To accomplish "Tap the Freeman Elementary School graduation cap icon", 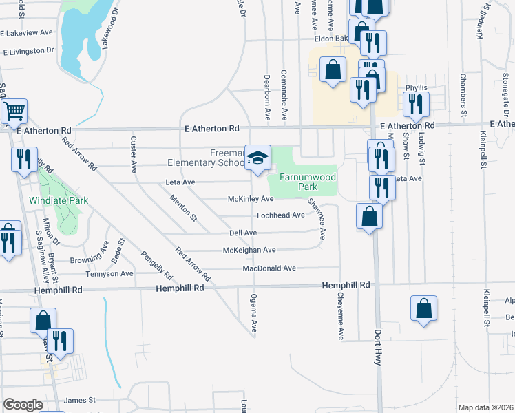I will point(258,158).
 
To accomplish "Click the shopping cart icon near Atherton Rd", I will point(14,110).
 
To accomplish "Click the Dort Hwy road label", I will point(377,359).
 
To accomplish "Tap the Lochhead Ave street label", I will point(280,215).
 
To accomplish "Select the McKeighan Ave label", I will point(250,250).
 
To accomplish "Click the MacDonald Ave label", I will point(269,268).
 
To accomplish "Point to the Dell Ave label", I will point(242,233).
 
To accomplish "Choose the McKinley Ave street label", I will point(251,199).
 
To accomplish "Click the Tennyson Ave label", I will point(109,273).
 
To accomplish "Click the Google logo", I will point(23,405).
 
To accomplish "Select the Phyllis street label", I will point(416,88).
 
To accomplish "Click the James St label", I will point(78,400).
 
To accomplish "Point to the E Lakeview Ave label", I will point(27,32).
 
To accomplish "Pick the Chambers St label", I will point(463,94).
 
